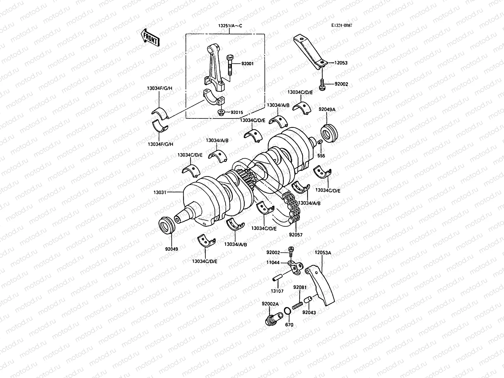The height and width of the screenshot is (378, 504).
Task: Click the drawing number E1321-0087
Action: (341, 26)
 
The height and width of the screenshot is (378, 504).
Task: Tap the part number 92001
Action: (247, 64)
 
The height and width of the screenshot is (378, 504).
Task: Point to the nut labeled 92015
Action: (221, 112)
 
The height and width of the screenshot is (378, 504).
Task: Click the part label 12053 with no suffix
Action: (341, 63)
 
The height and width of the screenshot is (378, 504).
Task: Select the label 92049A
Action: (327, 110)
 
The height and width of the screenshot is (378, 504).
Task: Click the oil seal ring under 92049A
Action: (329, 134)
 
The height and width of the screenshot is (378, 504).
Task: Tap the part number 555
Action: (321, 156)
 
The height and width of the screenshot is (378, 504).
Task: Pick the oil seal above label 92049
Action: (166, 225)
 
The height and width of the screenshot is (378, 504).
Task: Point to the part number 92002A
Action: (270, 304)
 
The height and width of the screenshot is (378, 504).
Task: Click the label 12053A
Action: (323, 252)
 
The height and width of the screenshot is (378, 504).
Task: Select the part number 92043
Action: (309, 312)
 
